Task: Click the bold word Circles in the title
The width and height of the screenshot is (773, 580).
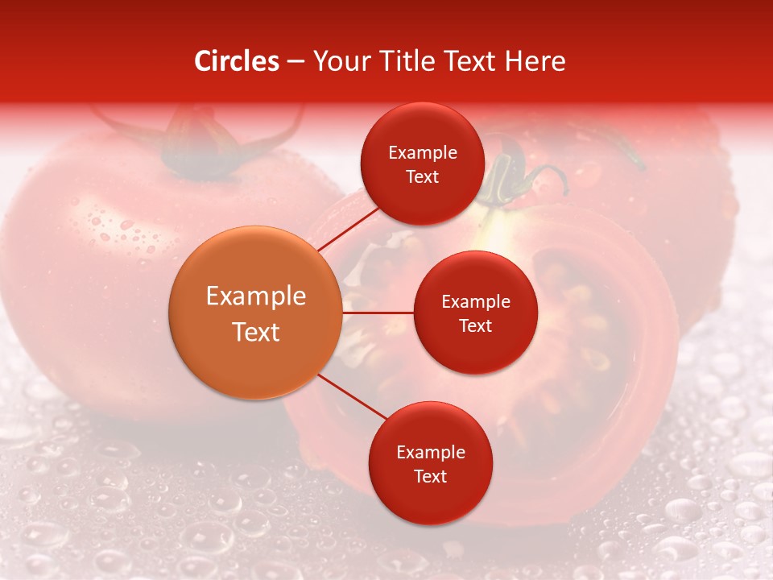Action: click(x=237, y=61)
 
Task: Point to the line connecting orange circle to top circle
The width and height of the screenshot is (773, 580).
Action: click(x=348, y=227)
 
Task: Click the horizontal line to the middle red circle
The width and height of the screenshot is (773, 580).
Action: click(x=378, y=313)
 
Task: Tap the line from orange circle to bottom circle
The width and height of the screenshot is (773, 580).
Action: click(x=353, y=397)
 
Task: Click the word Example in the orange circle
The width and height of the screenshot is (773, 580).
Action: click(x=255, y=296)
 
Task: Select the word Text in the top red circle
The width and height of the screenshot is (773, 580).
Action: click(x=422, y=177)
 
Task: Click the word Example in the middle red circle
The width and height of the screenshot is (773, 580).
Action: click(x=475, y=302)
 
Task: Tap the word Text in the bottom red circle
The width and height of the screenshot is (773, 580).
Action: click(x=430, y=477)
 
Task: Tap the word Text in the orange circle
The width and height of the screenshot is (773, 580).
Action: click(x=255, y=332)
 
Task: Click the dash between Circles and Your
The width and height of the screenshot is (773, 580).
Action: click(x=296, y=61)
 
